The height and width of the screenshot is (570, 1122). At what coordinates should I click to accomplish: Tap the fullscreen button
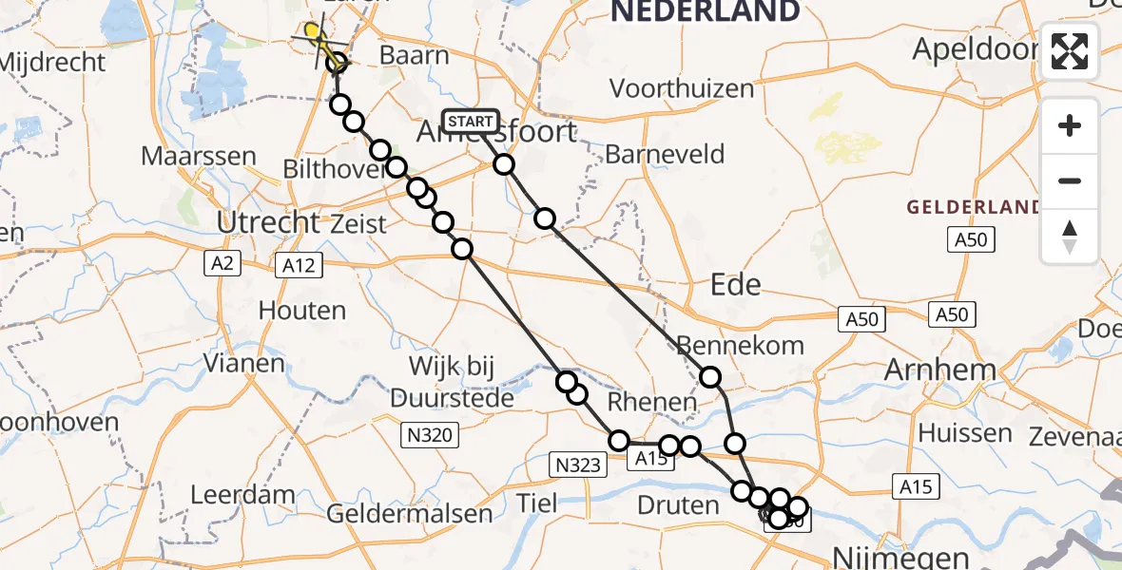1070,51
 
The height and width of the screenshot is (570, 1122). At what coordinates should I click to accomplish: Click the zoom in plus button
1070,125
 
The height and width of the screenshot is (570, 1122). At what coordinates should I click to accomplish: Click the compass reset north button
1070,237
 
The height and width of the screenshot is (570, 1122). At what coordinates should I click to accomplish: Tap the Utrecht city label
269,222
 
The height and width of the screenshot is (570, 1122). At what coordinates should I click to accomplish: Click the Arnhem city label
939,370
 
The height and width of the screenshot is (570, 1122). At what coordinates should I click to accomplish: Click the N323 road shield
577,465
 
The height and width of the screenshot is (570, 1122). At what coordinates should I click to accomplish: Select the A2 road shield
222,264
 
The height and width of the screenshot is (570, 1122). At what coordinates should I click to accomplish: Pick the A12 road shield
299,267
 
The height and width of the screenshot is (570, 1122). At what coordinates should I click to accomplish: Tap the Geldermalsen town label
410,515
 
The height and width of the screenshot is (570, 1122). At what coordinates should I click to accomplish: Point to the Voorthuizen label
681,89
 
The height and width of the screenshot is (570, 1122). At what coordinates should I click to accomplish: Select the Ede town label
736,285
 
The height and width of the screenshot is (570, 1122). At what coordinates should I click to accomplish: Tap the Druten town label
678,504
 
